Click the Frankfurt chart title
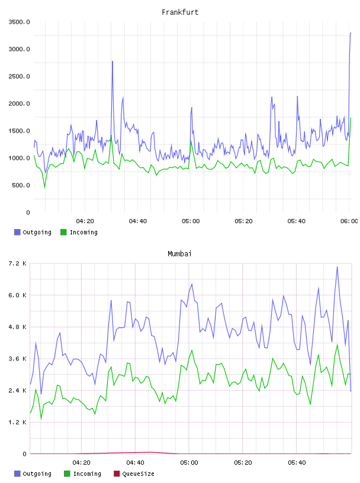pos(180,12)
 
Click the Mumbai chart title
pos(179,254)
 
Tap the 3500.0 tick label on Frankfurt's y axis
pos(19,22)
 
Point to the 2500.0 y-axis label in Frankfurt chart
pos(19,76)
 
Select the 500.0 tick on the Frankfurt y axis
pos(21,185)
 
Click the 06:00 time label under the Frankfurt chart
pos(349,221)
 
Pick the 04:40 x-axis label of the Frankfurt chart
pos(138,221)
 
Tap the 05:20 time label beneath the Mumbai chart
pos(243,463)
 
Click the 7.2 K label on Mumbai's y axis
pos(18,263)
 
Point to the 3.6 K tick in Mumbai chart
pos(18,359)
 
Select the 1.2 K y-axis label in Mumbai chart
pos(18,422)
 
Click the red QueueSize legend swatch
pos(117,474)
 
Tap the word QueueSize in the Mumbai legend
pos(138,474)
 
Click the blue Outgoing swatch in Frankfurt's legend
pos(17,232)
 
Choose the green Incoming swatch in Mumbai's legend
pos(67,474)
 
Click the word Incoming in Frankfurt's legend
pos(83,232)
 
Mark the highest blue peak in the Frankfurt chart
pos(351,33)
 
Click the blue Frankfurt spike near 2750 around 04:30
pos(112,62)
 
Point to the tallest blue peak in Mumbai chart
pos(337,267)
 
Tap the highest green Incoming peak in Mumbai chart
pos(337,344)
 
